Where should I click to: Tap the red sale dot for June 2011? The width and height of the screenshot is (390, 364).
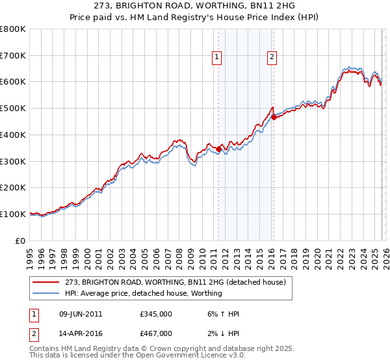pyautogui.click(x=218, y=149)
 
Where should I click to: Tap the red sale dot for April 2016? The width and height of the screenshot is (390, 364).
pyautogui.click(x=274, y=117)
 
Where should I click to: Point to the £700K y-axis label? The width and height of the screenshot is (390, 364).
pyautogui.click(x=13, y=55)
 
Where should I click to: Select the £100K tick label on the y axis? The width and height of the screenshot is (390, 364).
pyautogui.click(x=13, y=214)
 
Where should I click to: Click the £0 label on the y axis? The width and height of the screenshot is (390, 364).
pyautogui.click(x=21, y=240)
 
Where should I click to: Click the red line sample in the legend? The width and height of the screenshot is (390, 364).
pyautogui.click(x=46, y=282)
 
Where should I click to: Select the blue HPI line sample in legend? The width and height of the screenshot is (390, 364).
pyautogui.click(x=46, y=293)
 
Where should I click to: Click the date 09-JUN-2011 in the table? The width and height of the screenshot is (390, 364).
pyautogui.click(x=81, y=314)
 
